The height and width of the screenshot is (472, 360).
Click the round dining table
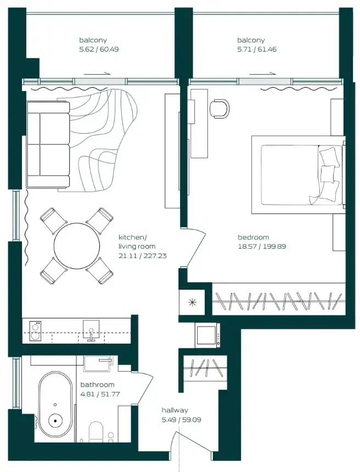click(77, 244)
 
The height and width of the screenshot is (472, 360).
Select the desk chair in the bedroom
click(221, 108)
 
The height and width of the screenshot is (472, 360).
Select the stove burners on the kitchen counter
click(35, 330)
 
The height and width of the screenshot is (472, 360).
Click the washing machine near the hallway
click(208, 335)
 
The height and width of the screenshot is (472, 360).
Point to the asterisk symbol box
click(192, 302)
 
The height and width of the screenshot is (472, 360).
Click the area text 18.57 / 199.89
click(262, 246)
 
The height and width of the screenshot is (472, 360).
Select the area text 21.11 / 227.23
click(142, 255)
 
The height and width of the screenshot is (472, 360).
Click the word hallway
click(175, 410)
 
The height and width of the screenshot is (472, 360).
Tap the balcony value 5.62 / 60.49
click(99, 49)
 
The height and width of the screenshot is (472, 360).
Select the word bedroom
click(253, 237)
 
